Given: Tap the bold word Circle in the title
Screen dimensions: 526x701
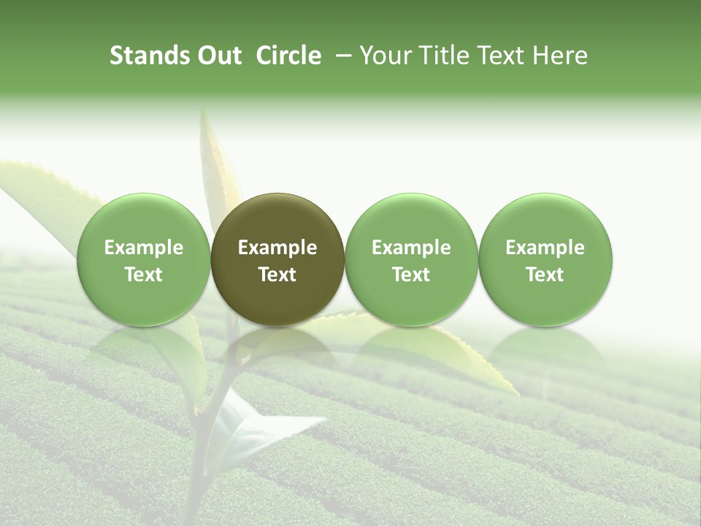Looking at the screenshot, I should [x=288, y=56].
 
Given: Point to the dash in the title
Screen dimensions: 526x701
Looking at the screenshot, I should [x=342, y=56].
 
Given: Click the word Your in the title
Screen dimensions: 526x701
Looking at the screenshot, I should [x=384, y=56].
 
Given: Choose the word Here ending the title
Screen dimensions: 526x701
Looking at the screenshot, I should [x=559, y=56].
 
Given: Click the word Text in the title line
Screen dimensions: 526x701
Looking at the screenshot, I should [x=499, y=56].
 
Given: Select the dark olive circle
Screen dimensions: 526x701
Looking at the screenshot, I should [x=277, y=259].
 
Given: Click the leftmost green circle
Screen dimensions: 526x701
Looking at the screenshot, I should [x=144, y=259].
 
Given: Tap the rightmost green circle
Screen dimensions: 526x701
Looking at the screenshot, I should [x=545, y=259].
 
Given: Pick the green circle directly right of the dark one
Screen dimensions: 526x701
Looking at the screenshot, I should [x=411, y=259].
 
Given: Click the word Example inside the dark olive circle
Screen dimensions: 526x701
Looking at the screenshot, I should [x=277, y=248].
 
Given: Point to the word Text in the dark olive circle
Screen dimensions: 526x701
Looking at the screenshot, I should [x=277, y=275].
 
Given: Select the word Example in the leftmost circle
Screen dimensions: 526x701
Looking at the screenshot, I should [x=144, y=248].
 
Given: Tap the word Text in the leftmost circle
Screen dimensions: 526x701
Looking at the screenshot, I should [x=144, y=275].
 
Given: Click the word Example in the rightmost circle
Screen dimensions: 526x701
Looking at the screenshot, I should [x=545, y=248].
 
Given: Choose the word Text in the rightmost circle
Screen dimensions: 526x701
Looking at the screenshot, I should [x=545, y=275].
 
